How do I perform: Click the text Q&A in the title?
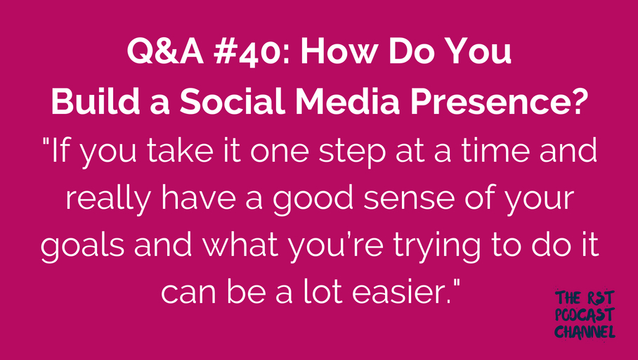(x=165, y=52)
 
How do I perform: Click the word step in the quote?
(x=352, y=151)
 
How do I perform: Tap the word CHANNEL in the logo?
(x=585, y=332)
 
